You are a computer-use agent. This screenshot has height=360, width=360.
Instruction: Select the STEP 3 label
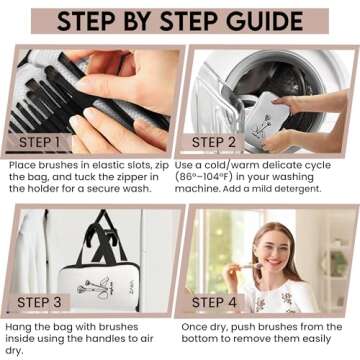point(42,300)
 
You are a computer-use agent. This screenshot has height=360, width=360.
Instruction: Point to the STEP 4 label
point(221,300)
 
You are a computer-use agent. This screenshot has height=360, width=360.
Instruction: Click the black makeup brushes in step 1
point(40,85)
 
